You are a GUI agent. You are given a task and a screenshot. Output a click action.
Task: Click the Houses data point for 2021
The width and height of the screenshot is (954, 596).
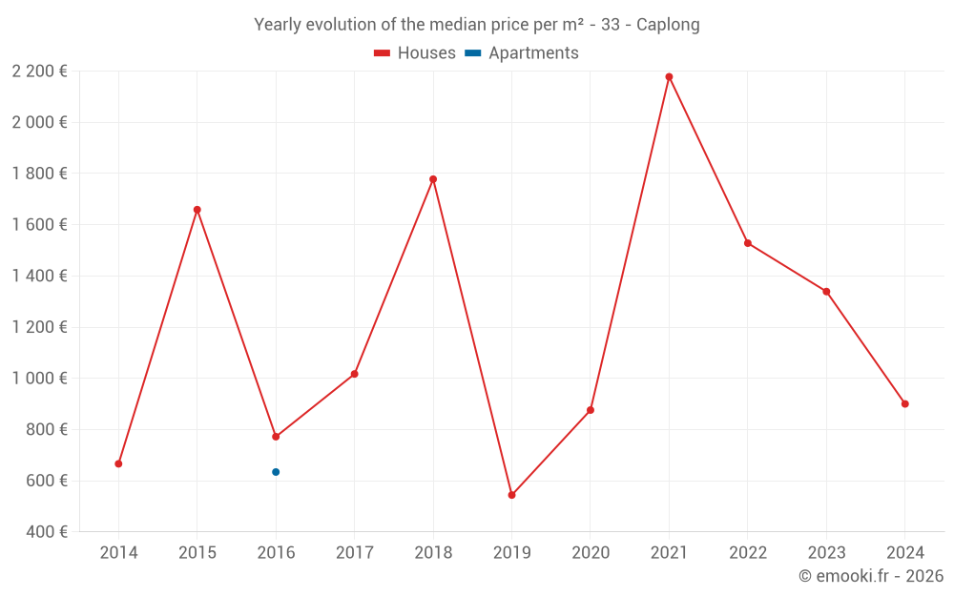tap(670, 77)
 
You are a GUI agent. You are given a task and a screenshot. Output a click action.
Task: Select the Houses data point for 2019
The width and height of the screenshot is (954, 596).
tap(511, 495)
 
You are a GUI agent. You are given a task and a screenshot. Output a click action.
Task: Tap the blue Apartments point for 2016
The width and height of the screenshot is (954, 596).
tap(276, 472)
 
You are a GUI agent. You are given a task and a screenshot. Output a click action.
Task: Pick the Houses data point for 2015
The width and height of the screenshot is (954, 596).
tap(197, 210)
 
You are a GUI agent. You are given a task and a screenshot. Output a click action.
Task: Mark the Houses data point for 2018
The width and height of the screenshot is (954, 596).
tap(433, 179)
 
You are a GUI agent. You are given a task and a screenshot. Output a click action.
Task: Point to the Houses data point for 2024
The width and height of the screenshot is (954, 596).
tap(905, 403)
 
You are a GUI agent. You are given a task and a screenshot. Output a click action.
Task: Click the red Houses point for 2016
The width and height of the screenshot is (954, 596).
tap(276, 437)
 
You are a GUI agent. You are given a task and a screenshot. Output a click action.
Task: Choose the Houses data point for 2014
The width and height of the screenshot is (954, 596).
tap(118, 464)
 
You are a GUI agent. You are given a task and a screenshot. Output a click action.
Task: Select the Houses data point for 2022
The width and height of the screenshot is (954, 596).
tap(748, 243)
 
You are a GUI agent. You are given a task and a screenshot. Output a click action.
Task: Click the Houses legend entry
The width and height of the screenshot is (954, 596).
tap(415, 52)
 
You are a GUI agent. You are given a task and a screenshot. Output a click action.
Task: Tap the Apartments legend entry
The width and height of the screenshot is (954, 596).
tap(522, 52)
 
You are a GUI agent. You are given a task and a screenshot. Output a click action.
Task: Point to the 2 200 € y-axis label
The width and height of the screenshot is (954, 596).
tap(39, 72)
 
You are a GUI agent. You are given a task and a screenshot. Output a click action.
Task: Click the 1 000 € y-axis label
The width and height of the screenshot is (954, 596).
tap(39, 379)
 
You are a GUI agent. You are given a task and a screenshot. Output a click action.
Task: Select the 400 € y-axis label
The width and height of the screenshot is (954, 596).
tap(46, 531)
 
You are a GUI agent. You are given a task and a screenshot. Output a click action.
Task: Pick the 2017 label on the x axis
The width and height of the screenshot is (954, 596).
tap(355, 552)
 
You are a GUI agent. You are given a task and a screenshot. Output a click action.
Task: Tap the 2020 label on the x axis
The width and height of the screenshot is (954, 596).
tap(591, 552)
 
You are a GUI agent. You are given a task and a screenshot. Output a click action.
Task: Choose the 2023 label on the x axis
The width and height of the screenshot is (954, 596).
tap(826, 552)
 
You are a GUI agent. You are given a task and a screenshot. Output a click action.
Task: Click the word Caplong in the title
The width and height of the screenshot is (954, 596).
tap(668, 25)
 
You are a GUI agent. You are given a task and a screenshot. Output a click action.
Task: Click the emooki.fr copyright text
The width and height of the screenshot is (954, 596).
tap(871, 575)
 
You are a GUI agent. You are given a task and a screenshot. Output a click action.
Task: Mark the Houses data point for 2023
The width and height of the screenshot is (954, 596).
tap(826, 292)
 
